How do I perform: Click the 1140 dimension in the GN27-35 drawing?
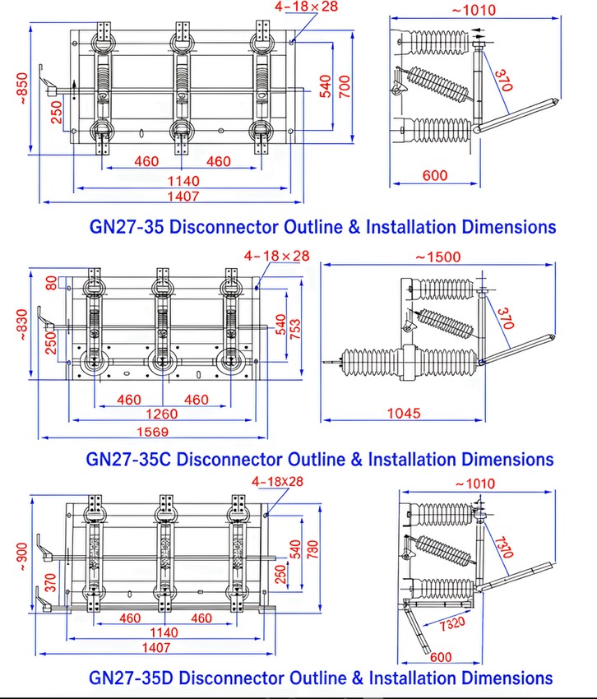click(x=183, y=181)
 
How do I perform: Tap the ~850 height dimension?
click(x=22, y=89)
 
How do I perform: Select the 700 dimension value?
click(x=345, y=86)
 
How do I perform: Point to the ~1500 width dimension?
click(x=437, y=257)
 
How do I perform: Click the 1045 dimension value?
click(x=404, y=414)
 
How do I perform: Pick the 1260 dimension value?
click(x=161, y=414)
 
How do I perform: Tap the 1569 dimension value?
click(x=152, y=432)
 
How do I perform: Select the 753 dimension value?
click(x=295, y=329)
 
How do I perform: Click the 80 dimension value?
click(x=52, y=283)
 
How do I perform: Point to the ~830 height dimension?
click(x=23, y=325)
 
